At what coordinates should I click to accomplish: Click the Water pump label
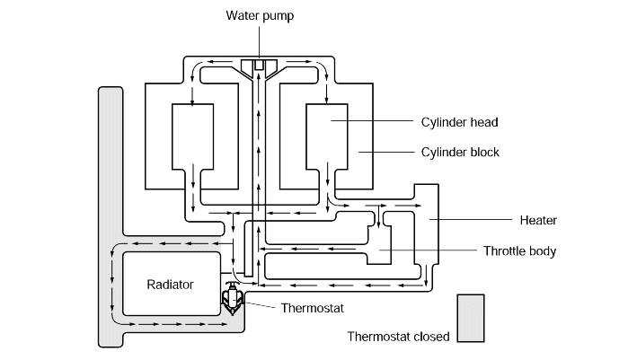(260, 16)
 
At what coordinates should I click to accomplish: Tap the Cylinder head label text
(459, 122)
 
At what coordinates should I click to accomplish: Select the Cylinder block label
(460, 153)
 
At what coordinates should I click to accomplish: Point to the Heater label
(538, 220)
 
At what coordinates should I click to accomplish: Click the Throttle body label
(519, 251)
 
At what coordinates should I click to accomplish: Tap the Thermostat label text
(313, 308)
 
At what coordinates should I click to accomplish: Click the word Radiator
(170, 285)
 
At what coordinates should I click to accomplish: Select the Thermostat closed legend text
(399, 337)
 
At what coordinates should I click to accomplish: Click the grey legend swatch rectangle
(471, 318)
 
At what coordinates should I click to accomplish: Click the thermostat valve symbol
(233, 298)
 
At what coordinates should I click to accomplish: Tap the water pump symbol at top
(259, 67)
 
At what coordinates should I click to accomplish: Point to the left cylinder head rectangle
(192, 136)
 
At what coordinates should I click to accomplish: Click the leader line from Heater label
(471, 220)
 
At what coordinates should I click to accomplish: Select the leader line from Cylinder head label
(372, 120)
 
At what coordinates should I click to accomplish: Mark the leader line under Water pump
(259, 43)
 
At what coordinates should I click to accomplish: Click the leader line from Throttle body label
(428, 250)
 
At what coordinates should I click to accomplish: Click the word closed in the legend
(431, 337)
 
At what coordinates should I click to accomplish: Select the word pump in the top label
(278, 17)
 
